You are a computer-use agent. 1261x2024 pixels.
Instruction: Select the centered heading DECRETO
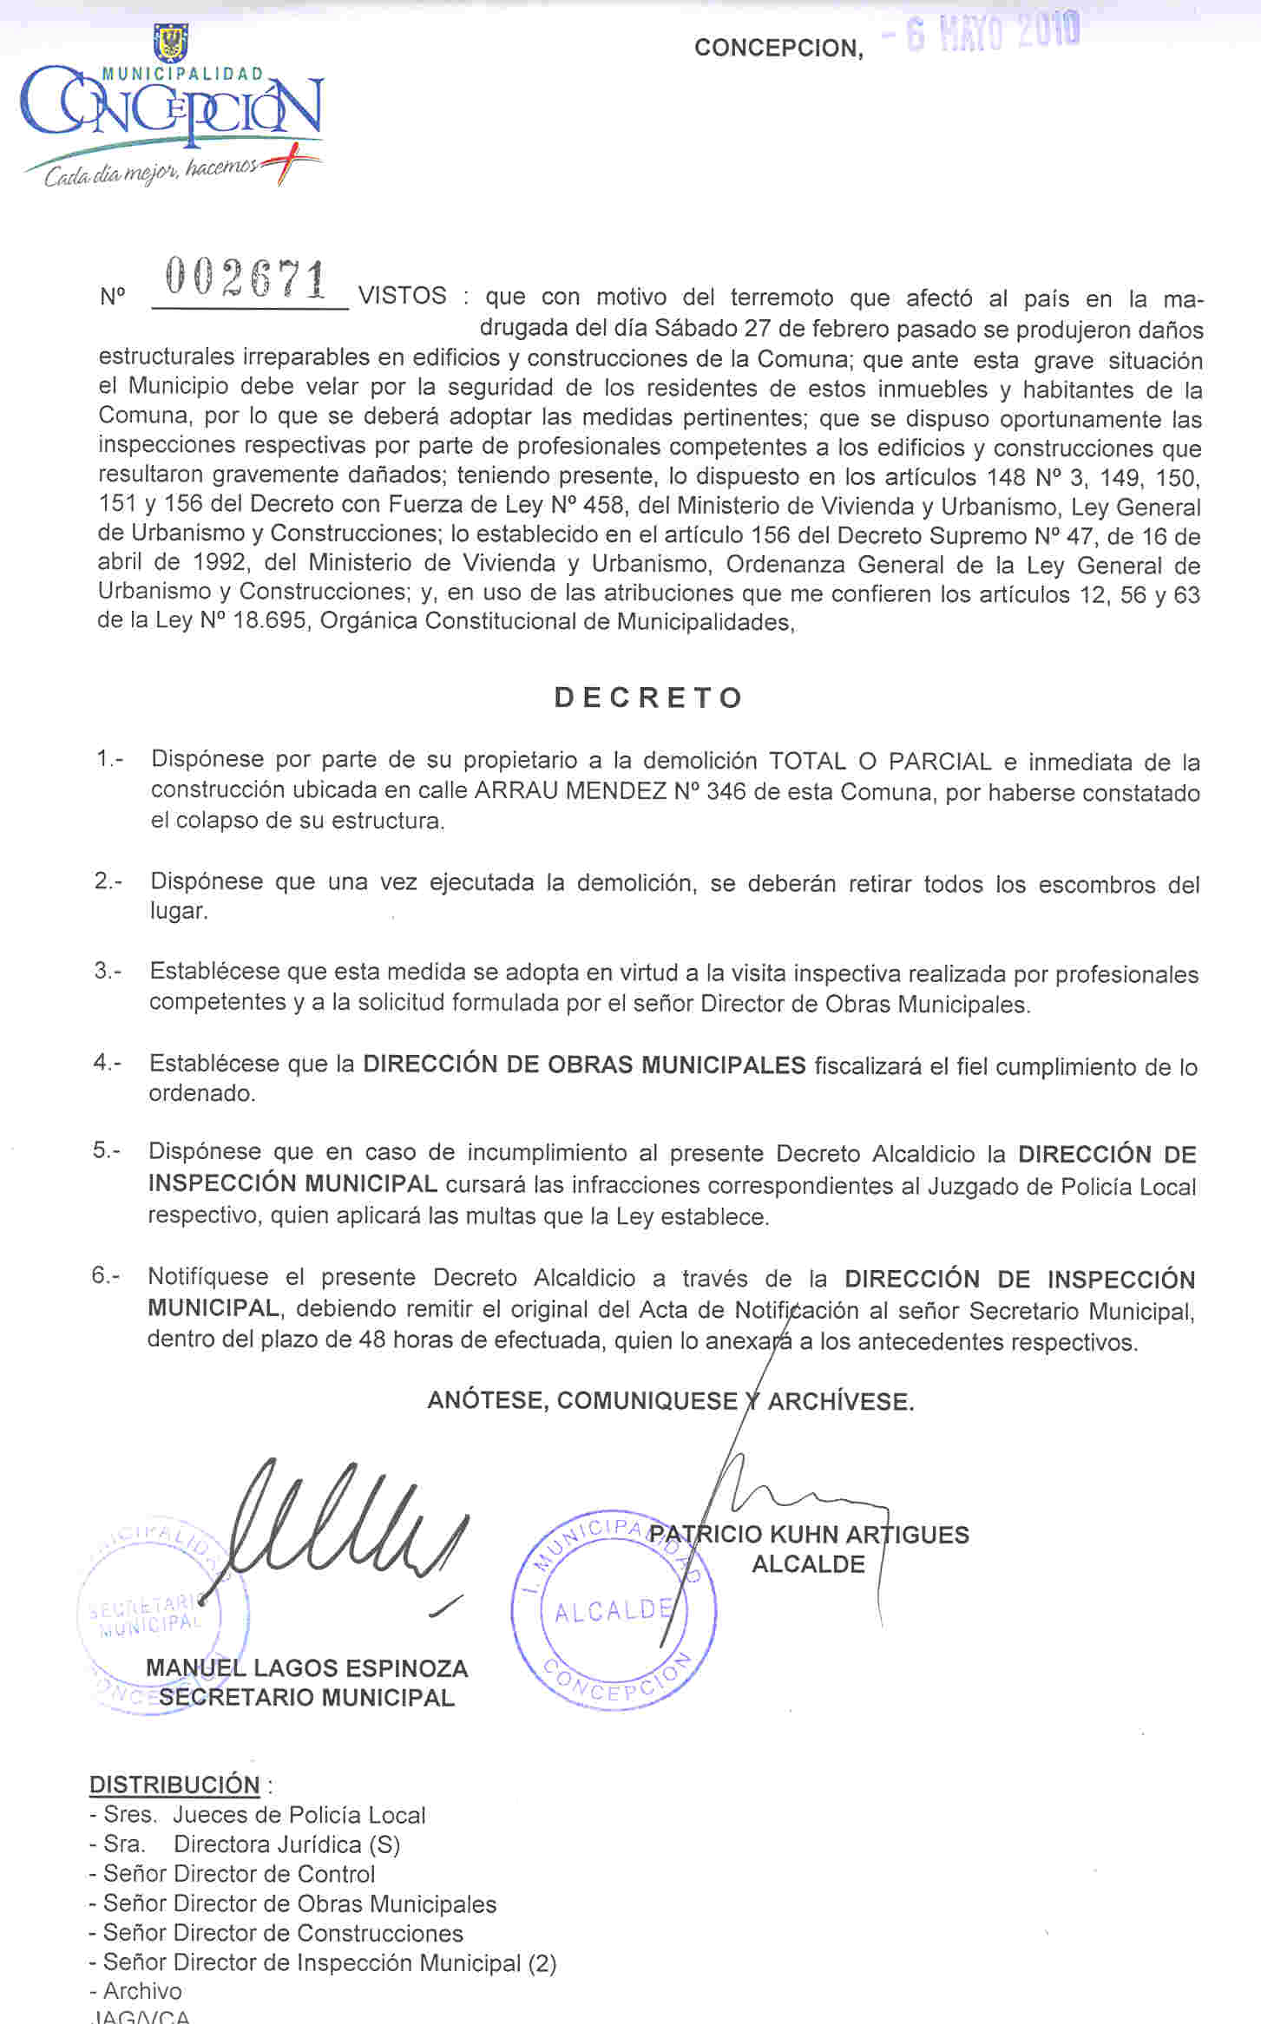coord(648,698)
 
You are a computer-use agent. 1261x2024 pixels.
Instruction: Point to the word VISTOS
coord(403,297)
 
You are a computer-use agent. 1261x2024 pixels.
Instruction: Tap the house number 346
coord(726,791)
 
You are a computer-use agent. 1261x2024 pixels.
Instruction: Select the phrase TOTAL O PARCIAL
coord(880,762)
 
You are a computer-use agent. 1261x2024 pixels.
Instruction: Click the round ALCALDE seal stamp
coord(614,1610)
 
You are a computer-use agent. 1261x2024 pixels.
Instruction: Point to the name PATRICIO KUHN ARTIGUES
coord(809,1535)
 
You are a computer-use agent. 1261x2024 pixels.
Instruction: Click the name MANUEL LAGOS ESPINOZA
coord(306,1668)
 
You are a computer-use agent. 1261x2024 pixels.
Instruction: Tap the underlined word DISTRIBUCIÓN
coord(174,1785)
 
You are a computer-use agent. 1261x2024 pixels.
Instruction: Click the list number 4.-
coord(108,1063)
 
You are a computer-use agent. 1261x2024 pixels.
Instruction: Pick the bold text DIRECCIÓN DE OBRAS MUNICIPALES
coord(584,1064)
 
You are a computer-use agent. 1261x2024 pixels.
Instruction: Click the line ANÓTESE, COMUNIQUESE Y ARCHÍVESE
coord(670,1401)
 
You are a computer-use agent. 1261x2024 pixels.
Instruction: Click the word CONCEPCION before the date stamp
coord(778,48)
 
